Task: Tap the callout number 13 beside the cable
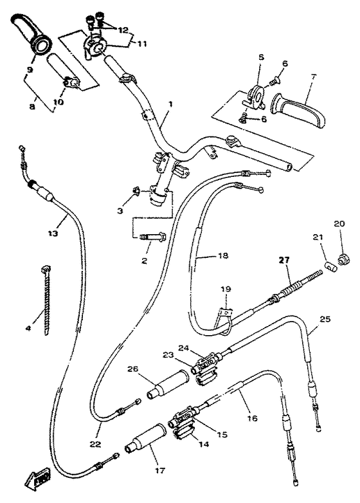pos(53,233)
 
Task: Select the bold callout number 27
pos(284,260)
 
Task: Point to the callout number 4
pos(28,328)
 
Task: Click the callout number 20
pos(339,223)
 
